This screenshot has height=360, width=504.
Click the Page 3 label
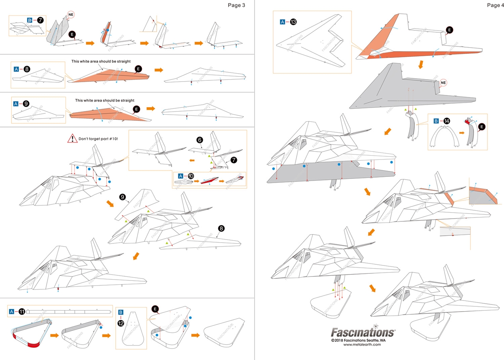(236, 5)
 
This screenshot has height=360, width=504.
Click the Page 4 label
(495, 5)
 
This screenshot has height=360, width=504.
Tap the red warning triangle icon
(72, 138)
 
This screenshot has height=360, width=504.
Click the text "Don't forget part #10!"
(98, 139)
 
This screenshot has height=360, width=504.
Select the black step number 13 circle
(294, 22)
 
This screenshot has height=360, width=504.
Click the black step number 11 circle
(22, 312)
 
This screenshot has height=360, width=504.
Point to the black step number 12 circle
(121, 322)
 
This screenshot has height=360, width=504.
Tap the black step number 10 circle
(191, 176)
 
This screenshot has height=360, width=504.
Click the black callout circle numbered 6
(200, 140)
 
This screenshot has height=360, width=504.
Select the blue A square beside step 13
(282, 22)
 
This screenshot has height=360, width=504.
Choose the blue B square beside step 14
(436, 121)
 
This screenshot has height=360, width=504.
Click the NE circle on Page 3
(71, 15)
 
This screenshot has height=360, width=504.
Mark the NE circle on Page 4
(443, 83)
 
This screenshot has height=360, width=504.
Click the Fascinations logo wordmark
(362, 332)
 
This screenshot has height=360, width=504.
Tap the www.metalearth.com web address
(362, 344)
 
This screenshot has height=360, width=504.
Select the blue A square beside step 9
(16, 104)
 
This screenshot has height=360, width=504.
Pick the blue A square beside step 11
(11, 312)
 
